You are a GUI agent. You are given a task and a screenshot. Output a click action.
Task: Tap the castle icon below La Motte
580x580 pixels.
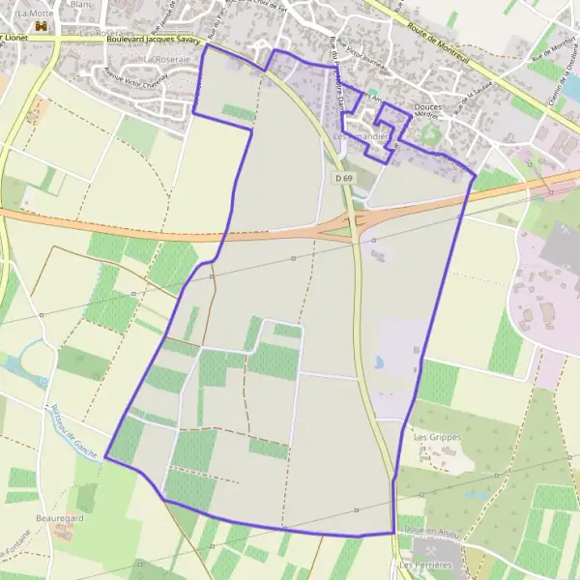coord(40,26)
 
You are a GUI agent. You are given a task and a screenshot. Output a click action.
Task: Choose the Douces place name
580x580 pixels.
coord(427,107)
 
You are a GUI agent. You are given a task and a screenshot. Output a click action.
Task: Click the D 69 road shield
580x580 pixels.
coord(343,178)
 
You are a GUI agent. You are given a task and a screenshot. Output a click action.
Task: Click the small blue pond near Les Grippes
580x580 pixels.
coord(379,363)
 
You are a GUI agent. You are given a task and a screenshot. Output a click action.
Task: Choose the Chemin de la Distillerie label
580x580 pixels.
coord(562,93)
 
